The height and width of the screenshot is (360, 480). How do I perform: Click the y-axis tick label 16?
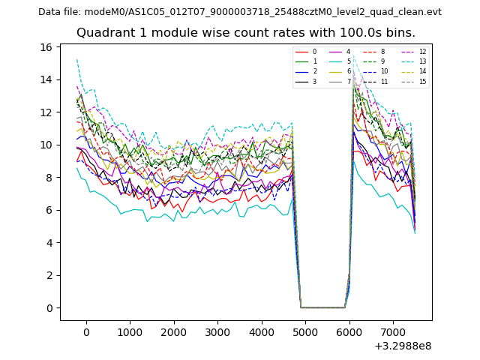pyautogui.click(x=46, y=47)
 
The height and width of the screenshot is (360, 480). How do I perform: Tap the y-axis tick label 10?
pyautogui.click(x=46, y=145)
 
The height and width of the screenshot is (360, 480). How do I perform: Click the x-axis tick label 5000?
pyautogui.click(x=305, y=332)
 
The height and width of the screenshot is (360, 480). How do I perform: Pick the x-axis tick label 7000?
pyautogui.click(x=393, y=332)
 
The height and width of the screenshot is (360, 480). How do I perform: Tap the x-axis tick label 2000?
pyautogui.click(x=174, y=332)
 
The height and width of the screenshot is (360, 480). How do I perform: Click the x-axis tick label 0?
pyautogui.click(x=86, y=332)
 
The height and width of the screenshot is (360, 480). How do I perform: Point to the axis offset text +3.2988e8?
pyautogui.click(x=402, y=346)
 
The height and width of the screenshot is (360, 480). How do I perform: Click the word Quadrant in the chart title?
pyautogui.click(x=103, y=33)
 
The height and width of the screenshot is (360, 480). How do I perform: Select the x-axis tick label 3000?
pyautogui.click(x=217, y=332)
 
